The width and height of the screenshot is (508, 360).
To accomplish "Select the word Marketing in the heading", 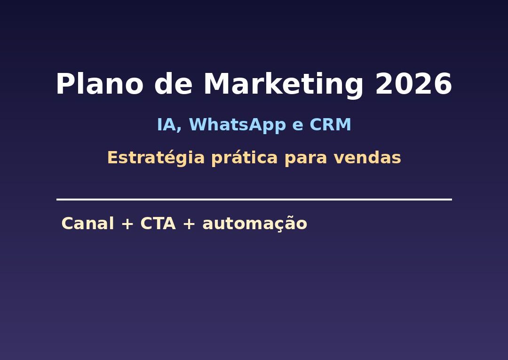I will (283, 86).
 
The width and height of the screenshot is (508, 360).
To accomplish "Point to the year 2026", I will (413, 85).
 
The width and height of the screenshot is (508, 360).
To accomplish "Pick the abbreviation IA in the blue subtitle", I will (166, 125).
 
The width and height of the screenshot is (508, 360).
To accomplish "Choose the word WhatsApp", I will (238, 125).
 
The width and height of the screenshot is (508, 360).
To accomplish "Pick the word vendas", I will (367, 158).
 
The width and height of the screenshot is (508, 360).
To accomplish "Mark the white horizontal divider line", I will (254, 200).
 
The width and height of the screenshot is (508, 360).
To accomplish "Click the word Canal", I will (87, 224).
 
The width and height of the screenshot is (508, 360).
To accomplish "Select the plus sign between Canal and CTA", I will (127, 224).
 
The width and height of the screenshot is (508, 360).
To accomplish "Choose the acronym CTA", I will (158, 224).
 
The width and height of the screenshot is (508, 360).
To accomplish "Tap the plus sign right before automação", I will (189, 224).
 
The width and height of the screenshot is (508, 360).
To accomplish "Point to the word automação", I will (254, 224).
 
